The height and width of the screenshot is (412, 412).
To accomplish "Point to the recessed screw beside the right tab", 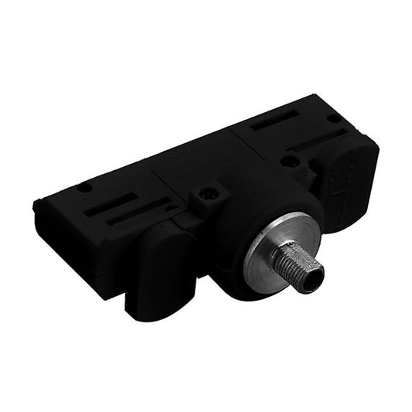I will [x=290, y=161].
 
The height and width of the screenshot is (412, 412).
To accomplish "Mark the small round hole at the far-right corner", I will [x=333, y=118].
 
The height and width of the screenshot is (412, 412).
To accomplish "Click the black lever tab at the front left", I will [x=158, y=267].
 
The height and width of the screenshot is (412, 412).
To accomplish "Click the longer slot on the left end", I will [x=143, y=212].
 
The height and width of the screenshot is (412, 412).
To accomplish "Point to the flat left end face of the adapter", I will [x=73, y=240].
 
